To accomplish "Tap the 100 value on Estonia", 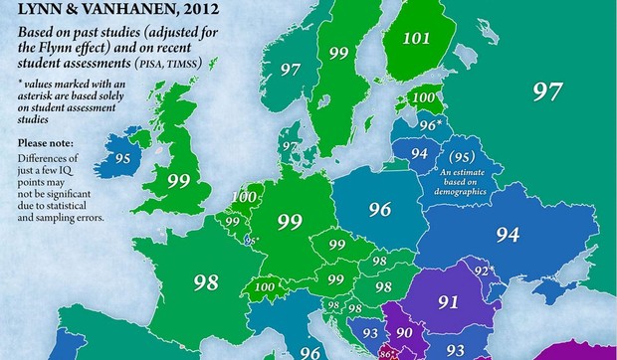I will pos(424,98).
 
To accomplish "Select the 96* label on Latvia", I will pos(430,124).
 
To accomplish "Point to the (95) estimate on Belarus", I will pos(460,157).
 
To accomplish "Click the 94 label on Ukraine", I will pos(509,235).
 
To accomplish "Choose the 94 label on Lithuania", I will pos(419,153).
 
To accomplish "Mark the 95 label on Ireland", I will pos(124,158).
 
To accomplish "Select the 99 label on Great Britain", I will pos(179,180).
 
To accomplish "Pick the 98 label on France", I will pos(206,282).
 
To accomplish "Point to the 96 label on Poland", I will pos(379,210).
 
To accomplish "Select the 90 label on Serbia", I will pos(404,331).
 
